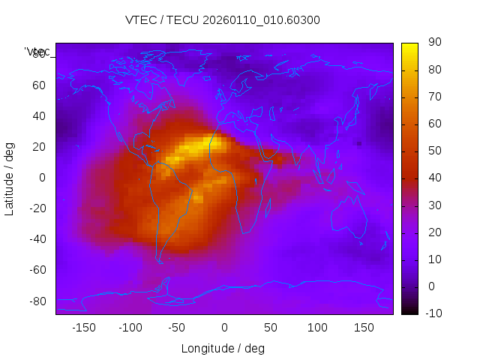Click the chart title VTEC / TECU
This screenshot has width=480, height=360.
coord(222,20)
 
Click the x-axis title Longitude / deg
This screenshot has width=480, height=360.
coord(223,348)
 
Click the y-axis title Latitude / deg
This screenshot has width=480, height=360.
coord(10,178)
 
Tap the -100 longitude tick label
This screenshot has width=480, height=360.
coord(130,327)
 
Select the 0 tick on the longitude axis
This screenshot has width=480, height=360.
coord(223,327)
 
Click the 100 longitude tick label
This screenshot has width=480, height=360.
coord(317,327)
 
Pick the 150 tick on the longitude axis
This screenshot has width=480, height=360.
coord(364,327)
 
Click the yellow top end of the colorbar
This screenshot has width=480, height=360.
coord(409,46)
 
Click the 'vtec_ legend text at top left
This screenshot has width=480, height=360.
coord(37,52)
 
